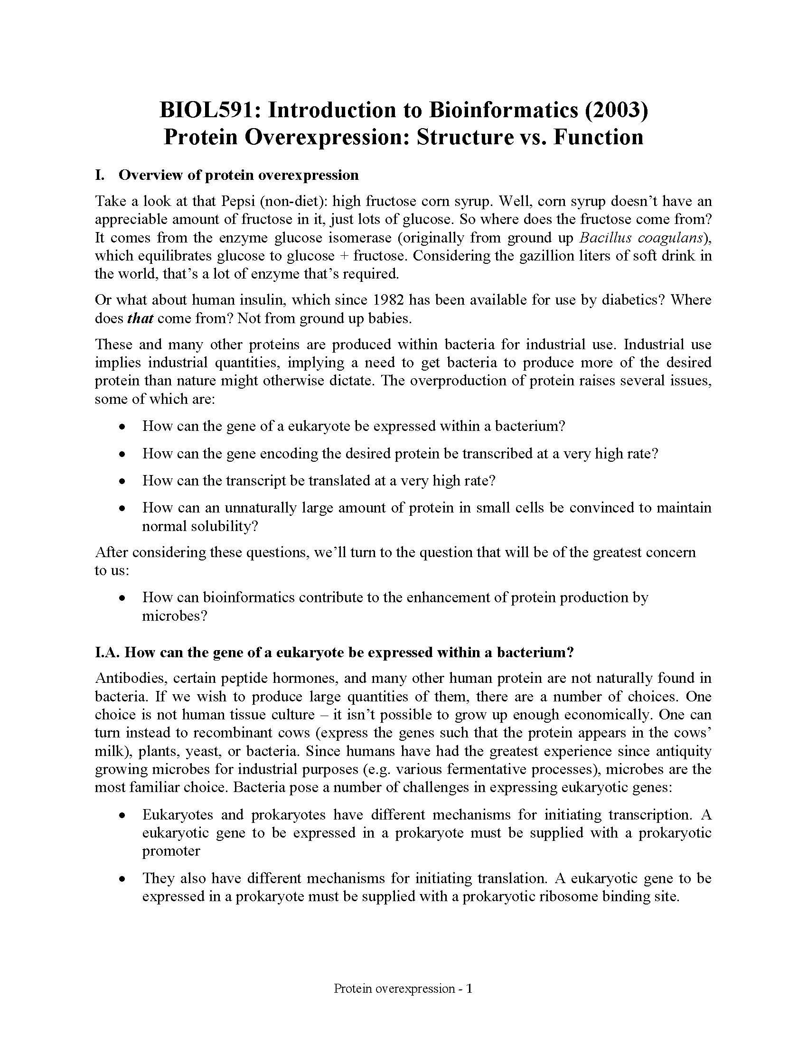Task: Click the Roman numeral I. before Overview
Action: coord(99,176)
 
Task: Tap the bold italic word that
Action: coord(140,318)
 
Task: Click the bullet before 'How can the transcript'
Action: coord(123,481)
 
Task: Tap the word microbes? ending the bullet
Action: coord(175,615)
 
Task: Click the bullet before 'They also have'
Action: coord(123,879)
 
